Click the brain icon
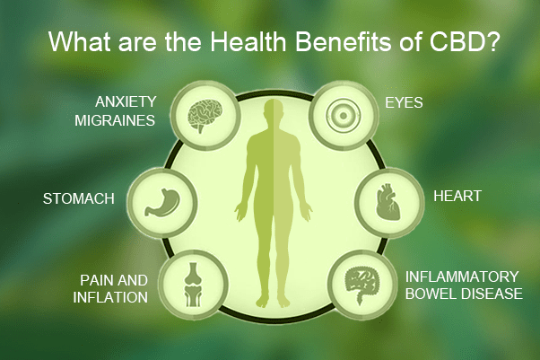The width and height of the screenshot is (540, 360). [205, 116]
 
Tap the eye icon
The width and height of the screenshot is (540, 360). [344, 116]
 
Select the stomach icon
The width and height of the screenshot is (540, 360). [162, 202]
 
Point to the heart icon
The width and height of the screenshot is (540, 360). [388, 202]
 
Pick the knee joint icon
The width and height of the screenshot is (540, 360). [195, 285]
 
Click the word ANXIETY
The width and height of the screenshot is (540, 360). [126, 102]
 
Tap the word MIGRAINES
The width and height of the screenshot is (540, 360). [115, 120]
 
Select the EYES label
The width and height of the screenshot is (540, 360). [404, 102]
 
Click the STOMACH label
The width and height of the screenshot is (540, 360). [79, 199]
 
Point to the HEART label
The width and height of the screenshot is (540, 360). [457, 196]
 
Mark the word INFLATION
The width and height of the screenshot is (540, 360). [110, 297]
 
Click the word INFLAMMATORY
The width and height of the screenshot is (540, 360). [462, 277]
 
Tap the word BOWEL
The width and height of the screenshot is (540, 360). [431, 294]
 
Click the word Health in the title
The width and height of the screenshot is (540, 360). [248, 42]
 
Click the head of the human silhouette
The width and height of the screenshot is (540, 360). [274, 110]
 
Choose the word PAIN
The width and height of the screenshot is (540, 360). [95, 280]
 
